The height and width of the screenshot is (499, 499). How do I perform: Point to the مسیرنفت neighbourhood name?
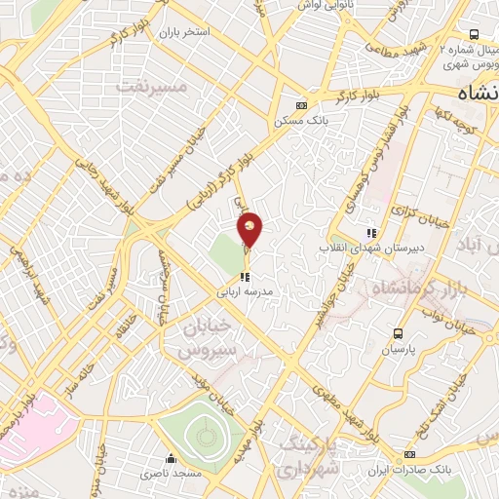coord(150,86)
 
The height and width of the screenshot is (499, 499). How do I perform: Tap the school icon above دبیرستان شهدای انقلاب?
coord(370,233)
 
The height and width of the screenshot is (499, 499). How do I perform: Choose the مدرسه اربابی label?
coord(246,291)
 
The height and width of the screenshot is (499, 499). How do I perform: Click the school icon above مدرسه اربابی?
coord(245,277)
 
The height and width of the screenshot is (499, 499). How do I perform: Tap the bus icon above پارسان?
coord(397,333)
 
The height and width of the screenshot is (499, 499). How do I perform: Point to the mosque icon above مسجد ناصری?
coord(171,458)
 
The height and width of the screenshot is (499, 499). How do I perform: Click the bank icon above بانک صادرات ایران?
coord(410,455)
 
